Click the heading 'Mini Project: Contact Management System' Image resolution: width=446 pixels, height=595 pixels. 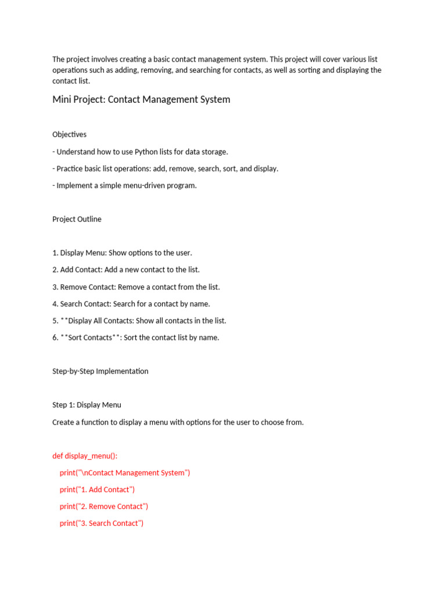point(141,99)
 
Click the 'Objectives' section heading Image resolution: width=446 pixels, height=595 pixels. point(69,134)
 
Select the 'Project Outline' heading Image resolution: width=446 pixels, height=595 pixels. point(77,219)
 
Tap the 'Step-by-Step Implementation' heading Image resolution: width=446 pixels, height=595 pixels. point(100,371)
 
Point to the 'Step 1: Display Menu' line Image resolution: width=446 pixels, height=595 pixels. point(87,405)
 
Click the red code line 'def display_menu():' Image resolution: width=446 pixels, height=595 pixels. point(85,456)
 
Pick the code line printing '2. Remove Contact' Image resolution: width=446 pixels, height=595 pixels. point(103,507)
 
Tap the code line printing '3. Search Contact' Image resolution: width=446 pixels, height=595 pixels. point(101,524)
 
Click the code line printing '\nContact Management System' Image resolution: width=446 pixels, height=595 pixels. point(124,473)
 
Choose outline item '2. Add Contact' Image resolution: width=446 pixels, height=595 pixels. point(125,270)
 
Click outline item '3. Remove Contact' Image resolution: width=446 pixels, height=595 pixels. point(136,287)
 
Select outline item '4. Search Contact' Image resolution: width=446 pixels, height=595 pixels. point(131,304)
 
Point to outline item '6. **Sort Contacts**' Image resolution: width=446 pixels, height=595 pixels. point(135,338)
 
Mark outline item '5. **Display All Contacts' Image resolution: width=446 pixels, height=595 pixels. point(139,321)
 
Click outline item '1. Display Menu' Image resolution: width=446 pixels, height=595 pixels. point(122,253)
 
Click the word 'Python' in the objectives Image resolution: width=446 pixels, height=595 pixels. point(146,152)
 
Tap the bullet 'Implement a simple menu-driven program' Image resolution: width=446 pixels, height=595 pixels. point(124,186)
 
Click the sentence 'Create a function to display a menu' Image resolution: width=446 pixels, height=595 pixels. point(178,422)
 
